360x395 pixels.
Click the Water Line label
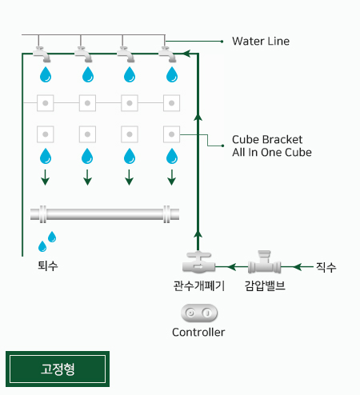tap(261, 42)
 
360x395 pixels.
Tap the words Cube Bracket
tap(267, 139)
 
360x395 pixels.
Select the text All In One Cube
tap(272, 152)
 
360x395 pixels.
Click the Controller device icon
tap(199, 313)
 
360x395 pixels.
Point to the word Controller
tap(198, 333)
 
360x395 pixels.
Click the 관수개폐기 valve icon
tap(198, 262)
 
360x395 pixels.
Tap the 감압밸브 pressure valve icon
tap(264, 262)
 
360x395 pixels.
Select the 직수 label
tap(326, 267)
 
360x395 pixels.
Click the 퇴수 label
tap(48, 265)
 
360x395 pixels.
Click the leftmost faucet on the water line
tap(42, 54)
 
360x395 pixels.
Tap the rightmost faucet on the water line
tap(167, 54)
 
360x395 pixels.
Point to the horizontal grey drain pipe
tap(105, 214)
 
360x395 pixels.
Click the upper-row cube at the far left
tap(46, 103)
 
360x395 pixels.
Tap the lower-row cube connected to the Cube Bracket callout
tap(171, 134)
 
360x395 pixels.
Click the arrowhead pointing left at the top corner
tap(187, 54)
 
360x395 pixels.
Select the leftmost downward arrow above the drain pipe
tap(46, 178)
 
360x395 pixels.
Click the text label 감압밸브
tap(265, 285)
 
